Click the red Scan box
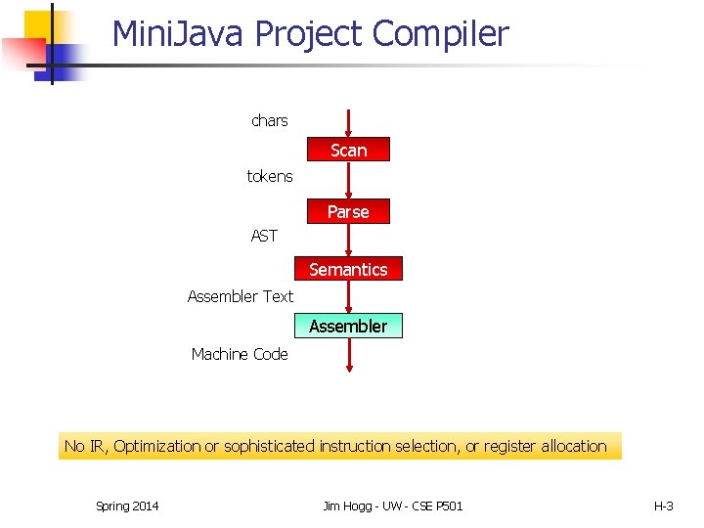click(348, 150)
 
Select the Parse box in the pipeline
click(348, 211)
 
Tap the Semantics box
click(348, 269)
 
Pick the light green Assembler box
click(348, 326)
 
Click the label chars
click(269, 120)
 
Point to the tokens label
click(269, 177)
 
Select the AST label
click(264, 236)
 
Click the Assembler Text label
click(240, 296)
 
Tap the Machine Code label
click(240, 354)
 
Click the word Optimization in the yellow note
click(156, 446)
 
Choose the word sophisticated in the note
click(268, 446)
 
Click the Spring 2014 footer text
click(127, 506)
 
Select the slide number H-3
click(663, 506)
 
